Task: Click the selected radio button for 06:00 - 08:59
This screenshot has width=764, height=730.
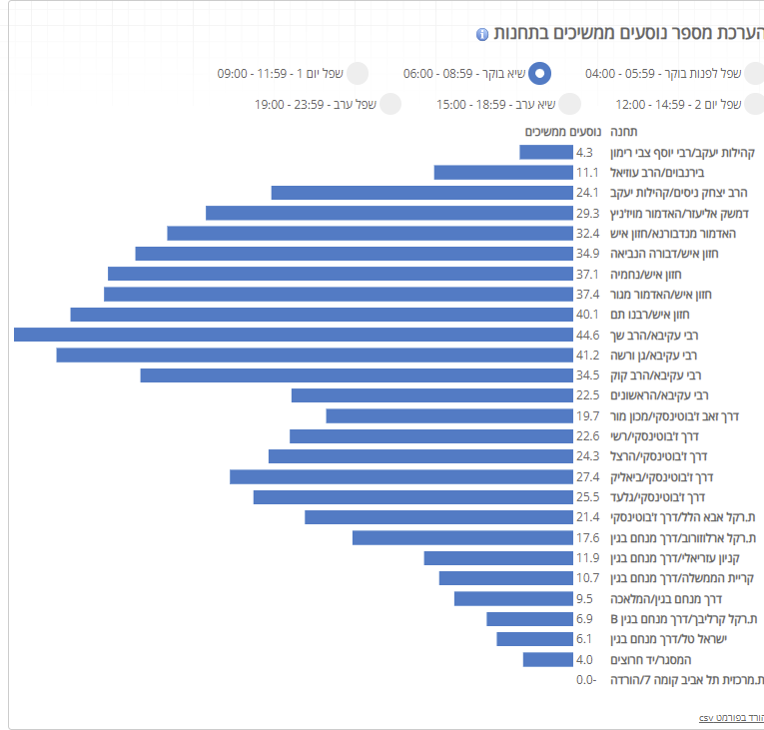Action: (539, 73)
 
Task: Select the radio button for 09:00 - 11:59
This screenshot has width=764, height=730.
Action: (357, 73)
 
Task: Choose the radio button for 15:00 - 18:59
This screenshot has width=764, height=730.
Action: (569, 104)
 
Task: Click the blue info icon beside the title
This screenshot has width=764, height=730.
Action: (482, 35)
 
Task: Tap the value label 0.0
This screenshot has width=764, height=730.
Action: (585, 680)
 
